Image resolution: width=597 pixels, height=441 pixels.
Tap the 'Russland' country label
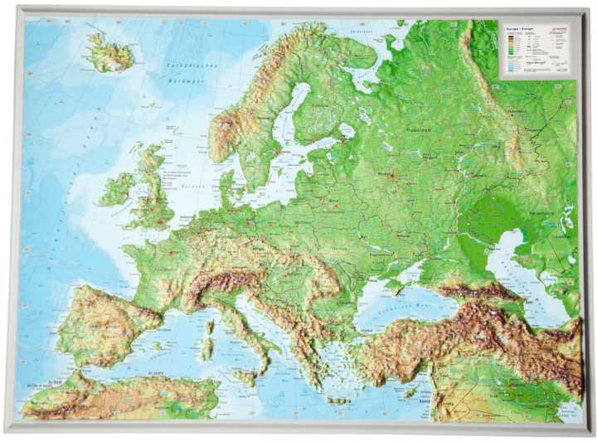[416, 130]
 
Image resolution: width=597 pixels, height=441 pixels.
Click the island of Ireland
[116, 189]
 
